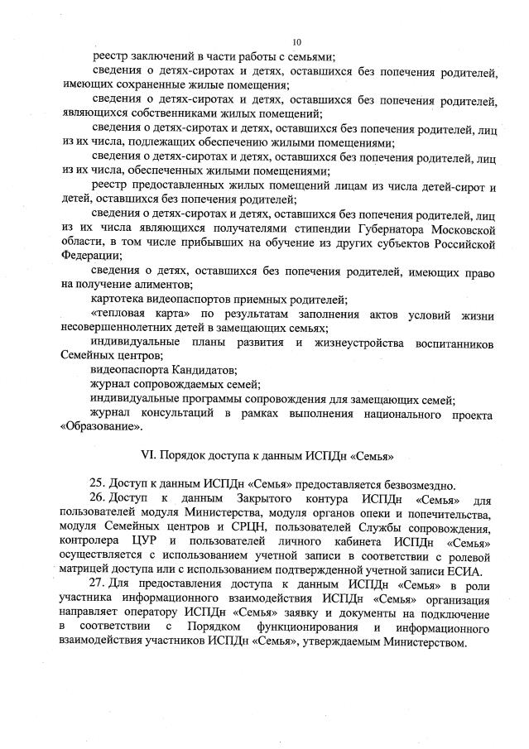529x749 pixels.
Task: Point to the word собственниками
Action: point(179,113)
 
